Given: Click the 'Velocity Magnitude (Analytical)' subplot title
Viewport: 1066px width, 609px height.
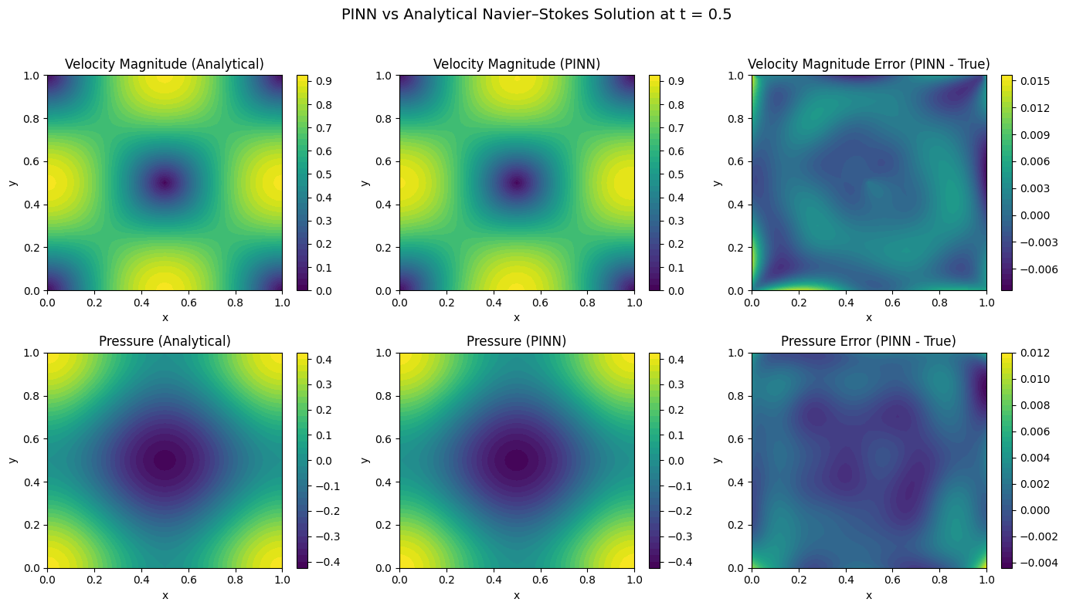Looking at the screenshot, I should (165, 64).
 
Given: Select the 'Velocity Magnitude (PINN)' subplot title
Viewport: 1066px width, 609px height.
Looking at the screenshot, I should (517, 64).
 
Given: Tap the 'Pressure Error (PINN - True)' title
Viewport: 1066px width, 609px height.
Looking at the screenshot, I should (868, 341).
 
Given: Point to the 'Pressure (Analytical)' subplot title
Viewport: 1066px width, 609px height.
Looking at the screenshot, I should (165, 341).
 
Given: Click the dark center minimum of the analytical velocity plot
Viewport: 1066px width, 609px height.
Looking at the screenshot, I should (165, 183).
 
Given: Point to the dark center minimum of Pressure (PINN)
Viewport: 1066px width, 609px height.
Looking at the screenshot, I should (517, 460).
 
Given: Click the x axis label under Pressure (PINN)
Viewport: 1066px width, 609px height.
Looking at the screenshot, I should (517, 595).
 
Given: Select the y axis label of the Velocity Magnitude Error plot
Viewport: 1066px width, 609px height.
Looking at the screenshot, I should (718, 183).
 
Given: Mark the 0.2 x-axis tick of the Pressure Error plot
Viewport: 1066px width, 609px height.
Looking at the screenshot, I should (799, 579).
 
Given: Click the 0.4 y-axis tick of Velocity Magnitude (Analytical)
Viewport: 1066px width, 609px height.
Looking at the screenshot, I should (32, 205).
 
